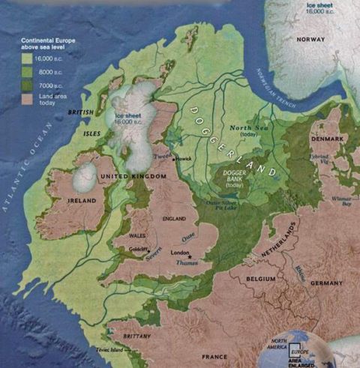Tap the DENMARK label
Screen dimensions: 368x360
coord(328,139)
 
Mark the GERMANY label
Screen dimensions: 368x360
coord(327,284)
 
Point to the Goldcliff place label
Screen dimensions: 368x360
coord(136,248)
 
